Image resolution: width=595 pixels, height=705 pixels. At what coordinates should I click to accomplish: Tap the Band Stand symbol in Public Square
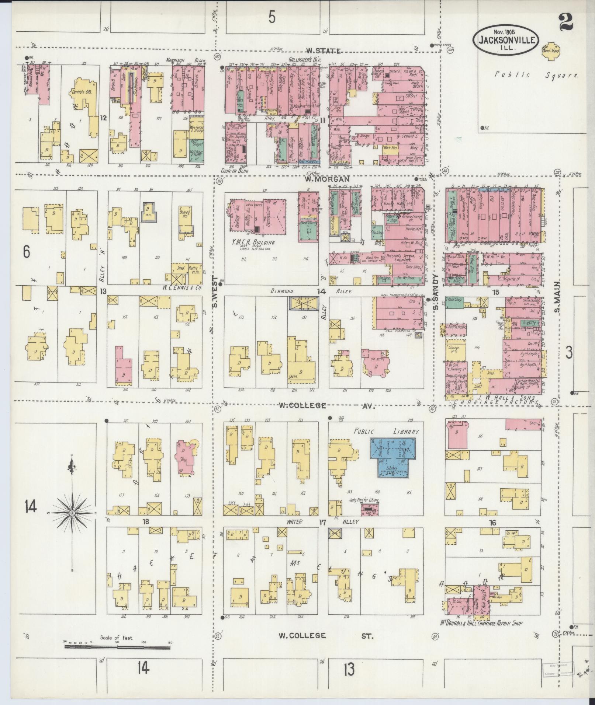pos(551,51)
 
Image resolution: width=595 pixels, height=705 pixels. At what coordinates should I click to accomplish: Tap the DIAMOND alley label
pos(282,291)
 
